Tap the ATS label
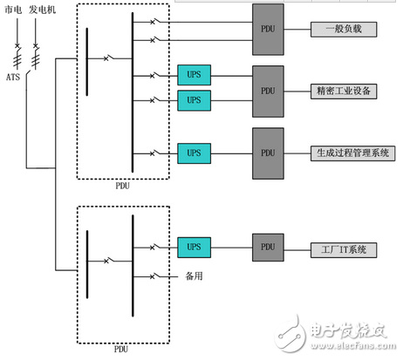(x=11, y=77)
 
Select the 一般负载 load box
(x=343, y=30)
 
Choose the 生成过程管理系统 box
(x=349, y=153)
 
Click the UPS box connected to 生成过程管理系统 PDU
(x=194, y=153)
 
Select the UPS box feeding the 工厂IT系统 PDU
(x=194, y=248)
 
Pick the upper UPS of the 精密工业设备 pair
(x=194, y=75)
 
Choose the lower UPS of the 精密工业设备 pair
(x=194, y=100)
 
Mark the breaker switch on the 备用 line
(x=154, y=277)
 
